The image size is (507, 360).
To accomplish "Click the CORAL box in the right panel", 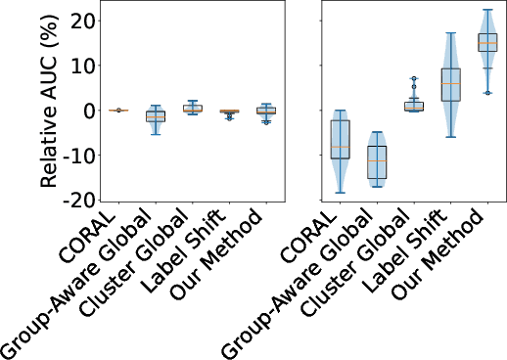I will coord(340,139).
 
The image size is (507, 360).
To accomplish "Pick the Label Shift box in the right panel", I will coord(450,85).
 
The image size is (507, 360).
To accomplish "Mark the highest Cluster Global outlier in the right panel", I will coord(414,78).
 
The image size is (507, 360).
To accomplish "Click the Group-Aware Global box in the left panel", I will coord(155,115).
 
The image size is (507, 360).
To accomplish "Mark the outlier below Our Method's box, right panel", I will coord(487,93).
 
